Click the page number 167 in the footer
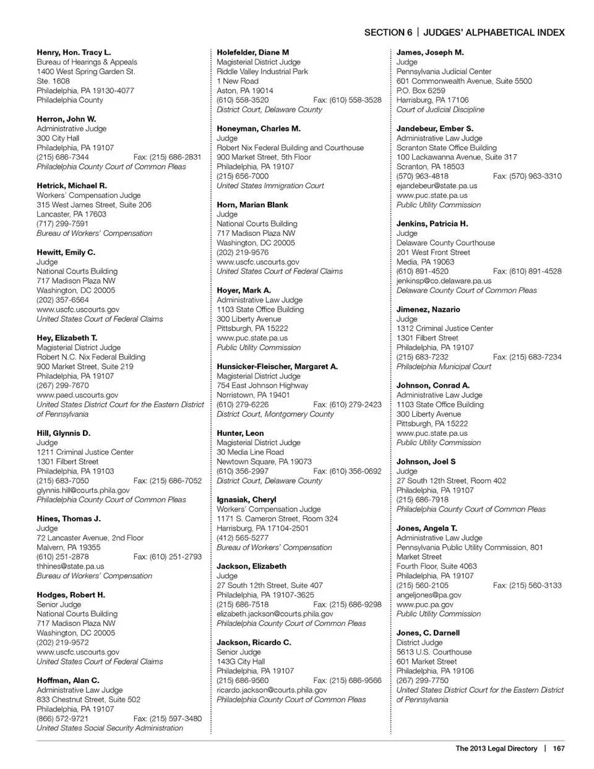(x=559, y=749)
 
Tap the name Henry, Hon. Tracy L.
(x=74, y=53)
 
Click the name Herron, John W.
(x=66, y=119)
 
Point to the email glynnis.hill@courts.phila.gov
(x=83, y=490)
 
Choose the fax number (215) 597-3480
(x=167, y=718)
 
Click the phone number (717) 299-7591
(x=62, y=224)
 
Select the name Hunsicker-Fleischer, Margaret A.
(x=277, y=367)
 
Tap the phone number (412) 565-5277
(x=243, y=538)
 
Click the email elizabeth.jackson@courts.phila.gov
(x=275, y=614)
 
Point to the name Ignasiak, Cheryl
(x=246, y=500)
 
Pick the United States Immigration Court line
(x=270, y=186)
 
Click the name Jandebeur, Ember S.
(x=435, y=129)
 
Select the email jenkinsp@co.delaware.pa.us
(x=444, y=280)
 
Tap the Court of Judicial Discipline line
(x=441, y=110)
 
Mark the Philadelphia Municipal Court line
(x=444, y=367)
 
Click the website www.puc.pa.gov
(x=425, y=604)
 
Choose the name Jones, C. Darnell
(x=428, y=633)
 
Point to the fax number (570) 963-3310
(x=527, y=176)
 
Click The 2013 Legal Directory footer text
(x=496, y=749)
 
